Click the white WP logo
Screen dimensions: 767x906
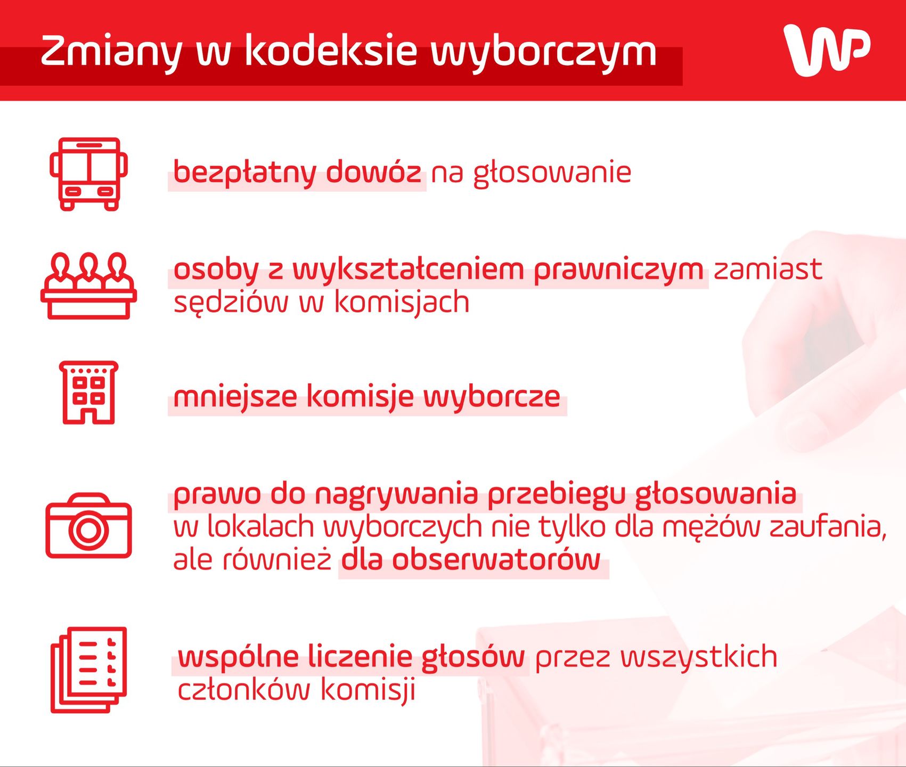(x=827, y=51)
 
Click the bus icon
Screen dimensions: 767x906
(x=88, y=174)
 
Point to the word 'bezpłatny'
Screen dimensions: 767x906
(x=245, y=173)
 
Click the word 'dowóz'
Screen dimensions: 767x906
(x=373, y=172)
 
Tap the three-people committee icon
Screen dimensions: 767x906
(x=88, y=286)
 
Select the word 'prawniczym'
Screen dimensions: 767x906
(x=618, y=270)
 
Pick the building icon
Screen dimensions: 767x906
(x=88, y=393)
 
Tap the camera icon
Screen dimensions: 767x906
(x=88, y=526)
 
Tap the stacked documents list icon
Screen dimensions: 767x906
(x=88, y=670)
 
